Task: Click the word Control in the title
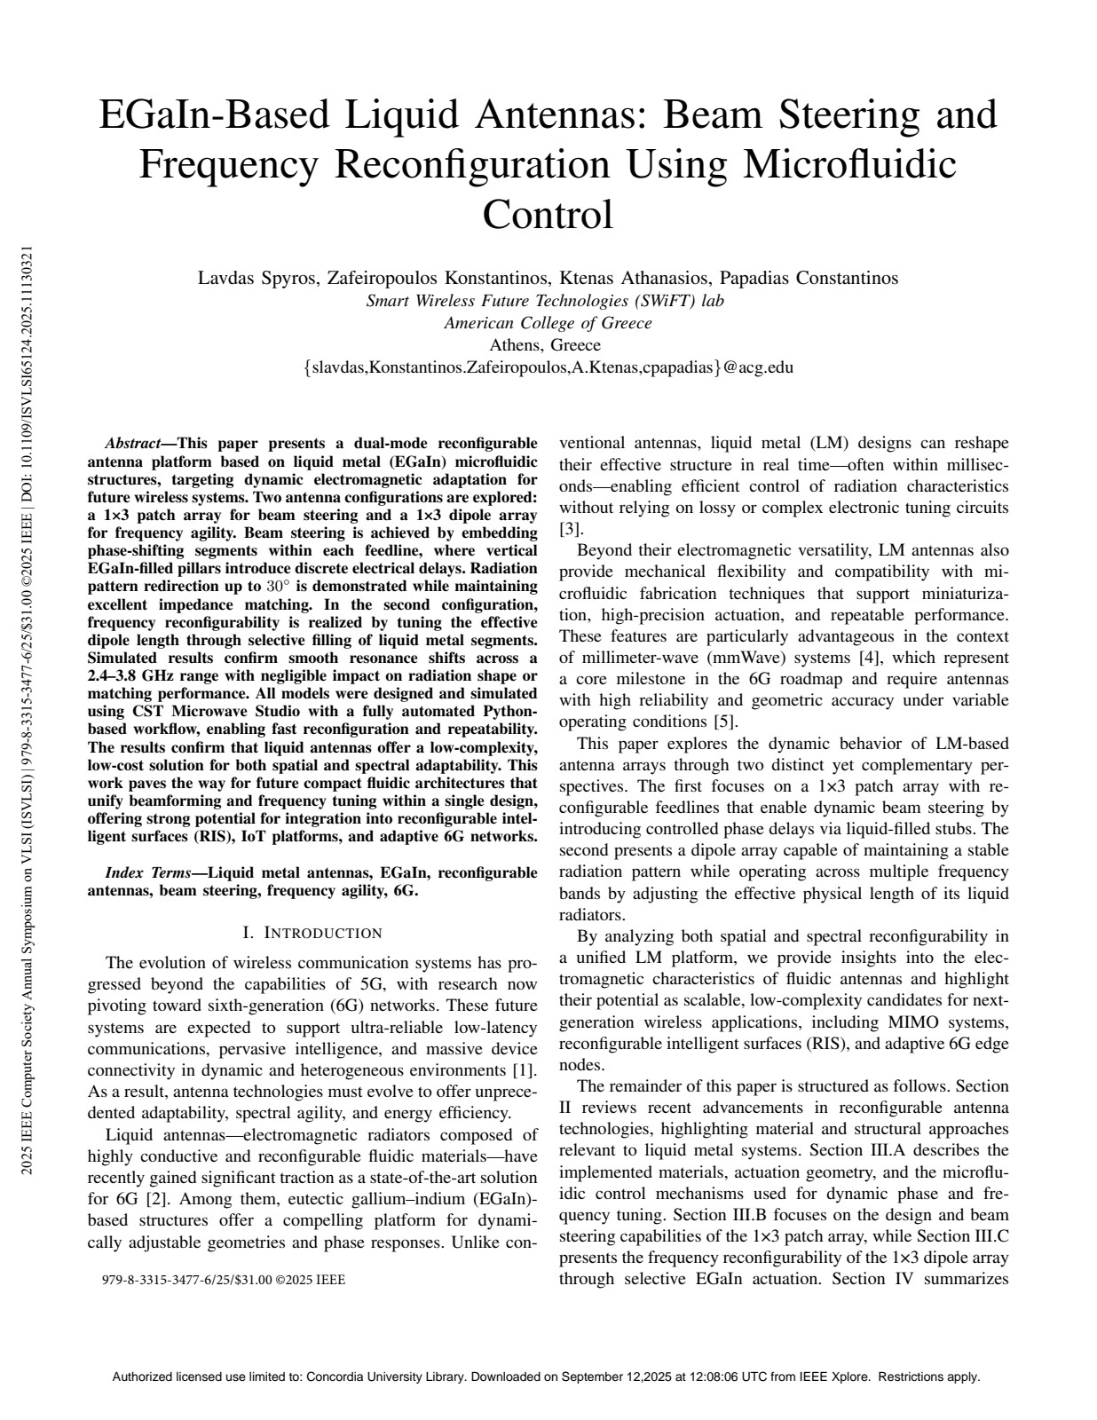548,214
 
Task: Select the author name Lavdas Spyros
256,278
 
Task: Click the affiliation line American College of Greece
548,323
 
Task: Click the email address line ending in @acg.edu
548,367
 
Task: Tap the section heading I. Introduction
312,933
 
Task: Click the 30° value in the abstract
279,587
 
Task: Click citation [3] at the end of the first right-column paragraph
569,530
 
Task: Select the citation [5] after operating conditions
726,722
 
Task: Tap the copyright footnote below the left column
224,1280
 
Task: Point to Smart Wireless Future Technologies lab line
545,301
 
